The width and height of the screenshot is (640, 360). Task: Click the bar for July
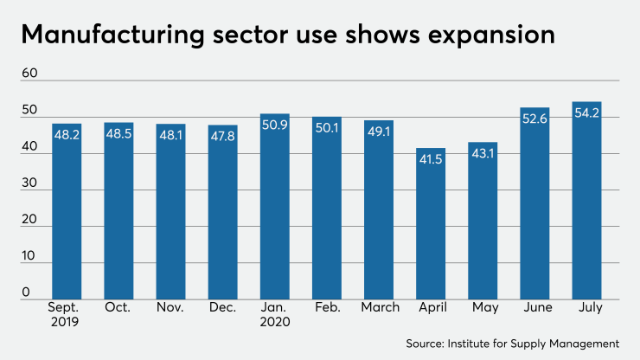coord(586,201)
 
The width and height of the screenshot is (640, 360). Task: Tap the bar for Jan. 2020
coord(274,207)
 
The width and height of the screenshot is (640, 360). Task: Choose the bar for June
coord(534,203)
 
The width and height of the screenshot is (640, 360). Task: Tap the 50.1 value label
coord(327,129)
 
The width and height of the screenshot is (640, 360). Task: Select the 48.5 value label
coord(118,135)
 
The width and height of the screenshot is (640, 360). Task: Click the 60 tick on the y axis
coord(29,74)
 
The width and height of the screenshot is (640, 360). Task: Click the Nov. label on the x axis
coord(170,307)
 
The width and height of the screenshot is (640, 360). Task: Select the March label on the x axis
coord(379,307)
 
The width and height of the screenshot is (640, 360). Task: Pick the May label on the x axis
coord(483,307)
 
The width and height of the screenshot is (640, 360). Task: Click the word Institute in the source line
coord(483,344)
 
